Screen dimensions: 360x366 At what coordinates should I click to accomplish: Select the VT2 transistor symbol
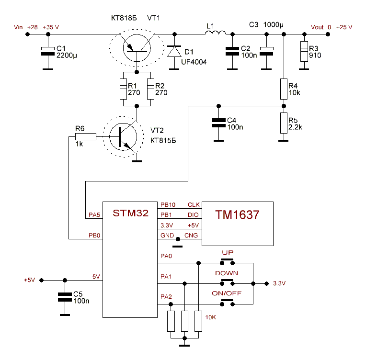123,137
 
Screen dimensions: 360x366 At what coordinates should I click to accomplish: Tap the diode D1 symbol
174,51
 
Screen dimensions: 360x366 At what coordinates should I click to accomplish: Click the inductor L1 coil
215,33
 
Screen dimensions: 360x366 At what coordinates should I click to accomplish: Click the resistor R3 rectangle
304,51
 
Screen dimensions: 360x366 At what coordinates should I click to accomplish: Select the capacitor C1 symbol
47,51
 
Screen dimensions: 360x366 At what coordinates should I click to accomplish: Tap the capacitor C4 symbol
218,122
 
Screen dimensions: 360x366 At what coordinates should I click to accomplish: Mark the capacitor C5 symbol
64,296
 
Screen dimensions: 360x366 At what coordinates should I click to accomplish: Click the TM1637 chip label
237,215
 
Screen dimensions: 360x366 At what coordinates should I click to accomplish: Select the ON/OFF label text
226,293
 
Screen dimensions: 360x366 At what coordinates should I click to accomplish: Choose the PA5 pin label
94,215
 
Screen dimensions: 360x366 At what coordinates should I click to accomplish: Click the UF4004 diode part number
194,62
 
